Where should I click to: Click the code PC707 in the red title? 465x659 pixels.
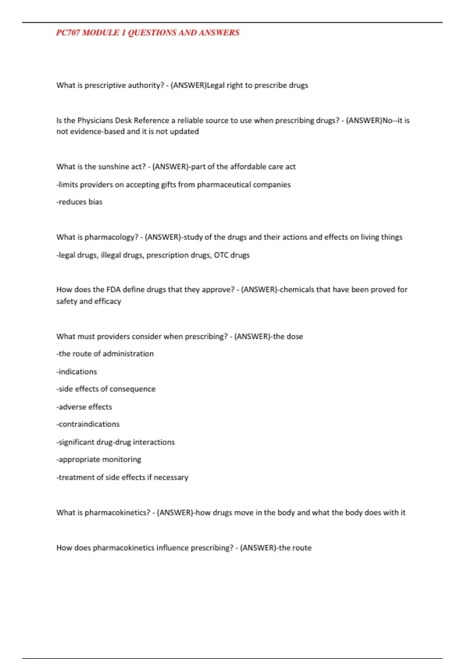click(68, 33)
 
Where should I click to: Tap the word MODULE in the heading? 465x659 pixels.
click(100, 33)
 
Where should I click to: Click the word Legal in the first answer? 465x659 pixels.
click(215, 85)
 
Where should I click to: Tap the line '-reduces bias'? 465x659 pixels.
click(79, 202)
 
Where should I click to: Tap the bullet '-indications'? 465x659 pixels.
click(77, 372)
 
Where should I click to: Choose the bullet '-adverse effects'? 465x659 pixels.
click(84, 407)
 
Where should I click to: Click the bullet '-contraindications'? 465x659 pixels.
click(88, 424)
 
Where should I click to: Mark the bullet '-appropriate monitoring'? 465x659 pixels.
click(99, 459)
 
